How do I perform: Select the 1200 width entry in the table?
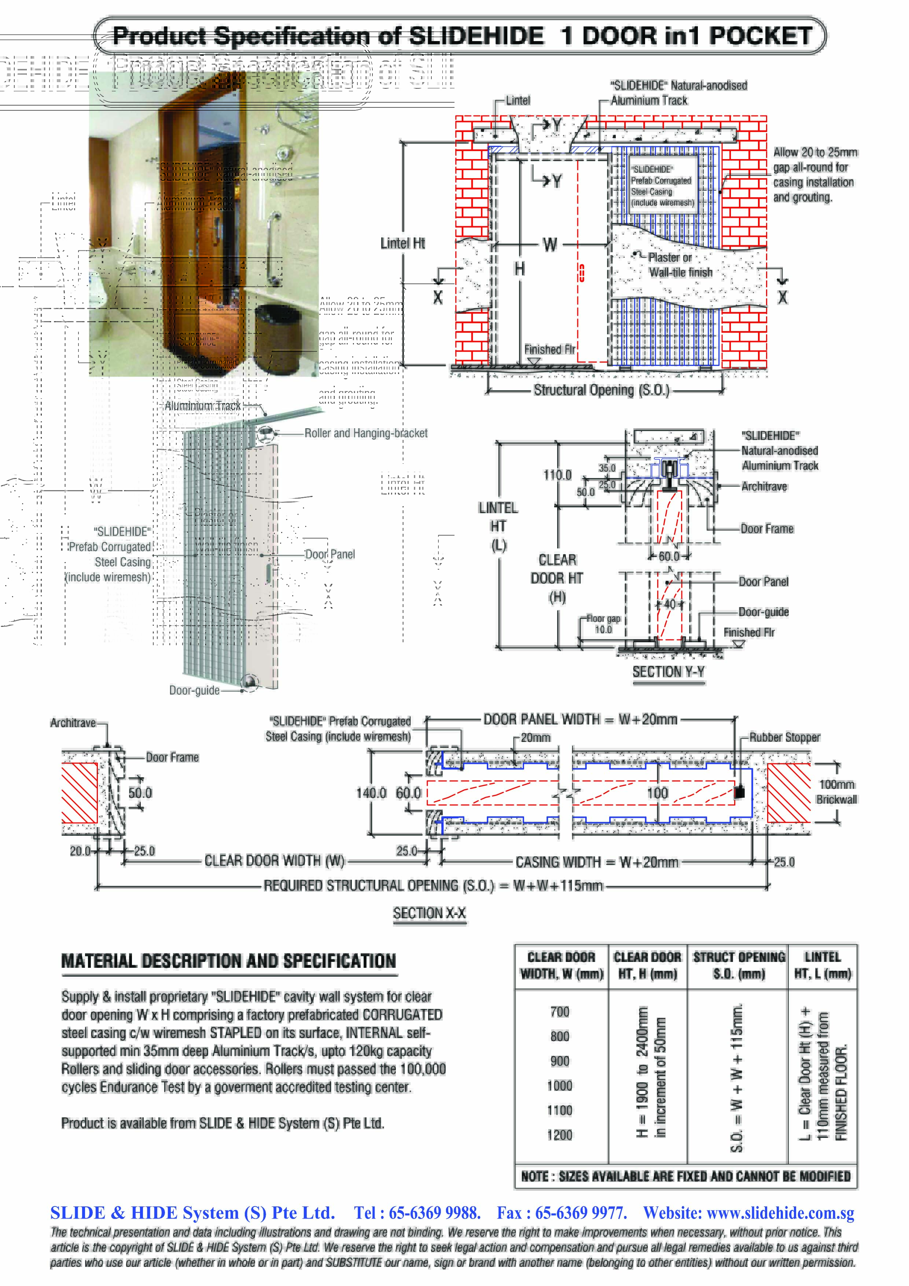tap(560, 1134)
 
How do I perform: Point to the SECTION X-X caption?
tap(429, 912)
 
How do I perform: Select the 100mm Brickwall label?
tap(836, 791)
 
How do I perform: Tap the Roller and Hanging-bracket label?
tap(366, 433)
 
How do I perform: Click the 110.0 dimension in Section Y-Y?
tap(557, 475)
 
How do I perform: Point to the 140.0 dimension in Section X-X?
tap(371, 793)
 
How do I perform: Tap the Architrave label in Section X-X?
tap(73, 723)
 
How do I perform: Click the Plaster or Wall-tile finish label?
tap(680, 265)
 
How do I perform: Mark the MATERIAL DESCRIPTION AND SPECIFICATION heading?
tap(228, 961)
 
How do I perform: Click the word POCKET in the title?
tap(760, 36)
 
